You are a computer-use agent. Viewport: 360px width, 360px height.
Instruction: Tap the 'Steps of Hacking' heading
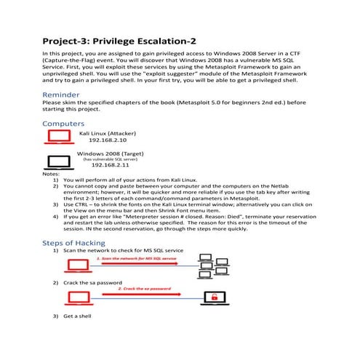[79, 241]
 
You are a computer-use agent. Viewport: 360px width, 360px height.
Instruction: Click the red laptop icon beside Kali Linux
[60, 139]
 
